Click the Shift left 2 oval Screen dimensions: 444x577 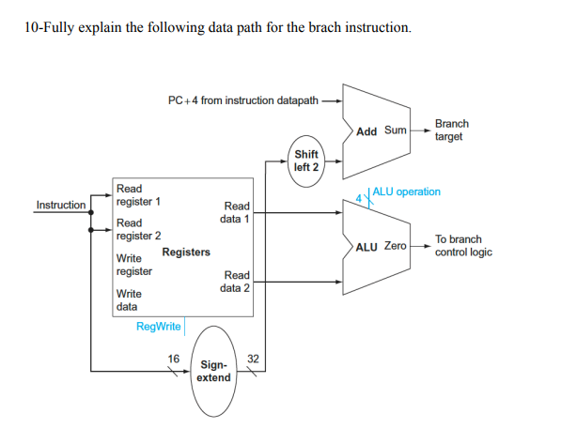coord(306,161)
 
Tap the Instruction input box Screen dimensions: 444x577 coord(60,205)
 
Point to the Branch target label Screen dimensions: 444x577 coord(451,130)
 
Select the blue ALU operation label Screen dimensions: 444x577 coord(406,191)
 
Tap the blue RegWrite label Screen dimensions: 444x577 coord(158,327)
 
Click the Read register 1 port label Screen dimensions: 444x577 coord(137,195)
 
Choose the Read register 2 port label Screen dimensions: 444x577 coord(137,229)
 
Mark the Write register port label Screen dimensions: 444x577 coord(133,264)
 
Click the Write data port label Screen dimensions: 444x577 coord(127,299)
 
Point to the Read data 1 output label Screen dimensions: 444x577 coord(235,212)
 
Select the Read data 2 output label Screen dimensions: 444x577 coord(235,282)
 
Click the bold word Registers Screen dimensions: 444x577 coord(186,253)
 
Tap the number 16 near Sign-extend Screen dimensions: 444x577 coord(173,358)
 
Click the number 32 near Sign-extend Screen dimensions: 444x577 coord(252,358)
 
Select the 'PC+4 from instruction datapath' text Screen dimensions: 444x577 coord(242,100)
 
